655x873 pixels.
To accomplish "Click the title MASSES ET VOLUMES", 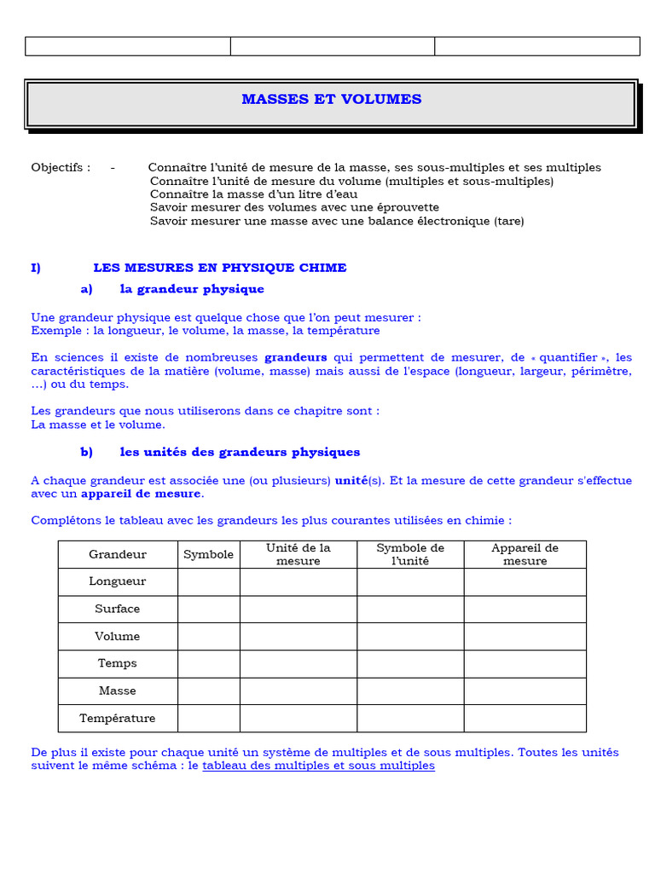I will click(x=331, y=100).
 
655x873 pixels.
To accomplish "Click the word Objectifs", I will click(x=60, y=168).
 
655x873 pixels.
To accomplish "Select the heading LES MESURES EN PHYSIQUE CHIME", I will click(x=219, y=268).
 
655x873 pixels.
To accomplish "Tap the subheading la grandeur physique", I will click(x=192, y=289).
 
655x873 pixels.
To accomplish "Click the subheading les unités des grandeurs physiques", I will click(x=240, y=452).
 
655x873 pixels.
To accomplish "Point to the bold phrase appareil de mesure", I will click(x=142, y=494).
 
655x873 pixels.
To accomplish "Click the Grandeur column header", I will click(x=118, y=554).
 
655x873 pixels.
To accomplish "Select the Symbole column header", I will click(x=208, y=554).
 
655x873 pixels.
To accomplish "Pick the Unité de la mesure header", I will click(x=298, y=554).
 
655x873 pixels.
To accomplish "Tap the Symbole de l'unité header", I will click(x=410, y=554).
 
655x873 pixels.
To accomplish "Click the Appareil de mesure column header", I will click(x=525, y=554).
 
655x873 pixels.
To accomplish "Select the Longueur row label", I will click(x=118, y=581).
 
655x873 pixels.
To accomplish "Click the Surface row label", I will click(x=118, y=609).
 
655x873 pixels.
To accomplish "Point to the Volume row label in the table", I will click(x=118, y=636).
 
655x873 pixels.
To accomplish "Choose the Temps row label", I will click(x=118, y=663).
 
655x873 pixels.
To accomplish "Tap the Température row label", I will click(x=118, y=718).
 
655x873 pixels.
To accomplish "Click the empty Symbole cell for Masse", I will click(x=208, y=691).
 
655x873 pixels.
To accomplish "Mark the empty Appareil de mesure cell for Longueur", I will click(x=525, y=581).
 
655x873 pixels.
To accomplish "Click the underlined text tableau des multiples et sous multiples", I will click(x=318, y=766).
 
